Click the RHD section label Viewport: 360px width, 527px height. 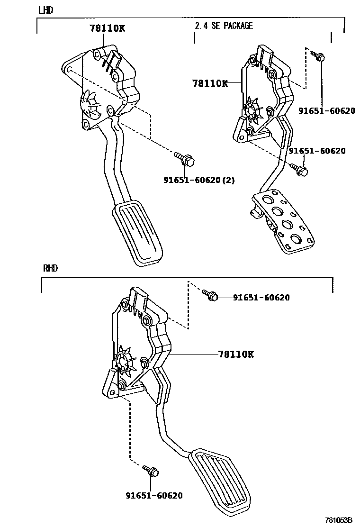(x=50, y=268)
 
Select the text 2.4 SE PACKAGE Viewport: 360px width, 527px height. (x=224, y=26)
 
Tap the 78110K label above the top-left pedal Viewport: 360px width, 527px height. (x=107, y=28)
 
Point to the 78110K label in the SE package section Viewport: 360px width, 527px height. (x=210, y=83)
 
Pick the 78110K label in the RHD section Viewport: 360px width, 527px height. (x=236, y=354)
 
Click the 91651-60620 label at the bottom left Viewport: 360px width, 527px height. (x=154, y=495)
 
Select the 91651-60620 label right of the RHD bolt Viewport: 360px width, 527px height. (x=261, y=298)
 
